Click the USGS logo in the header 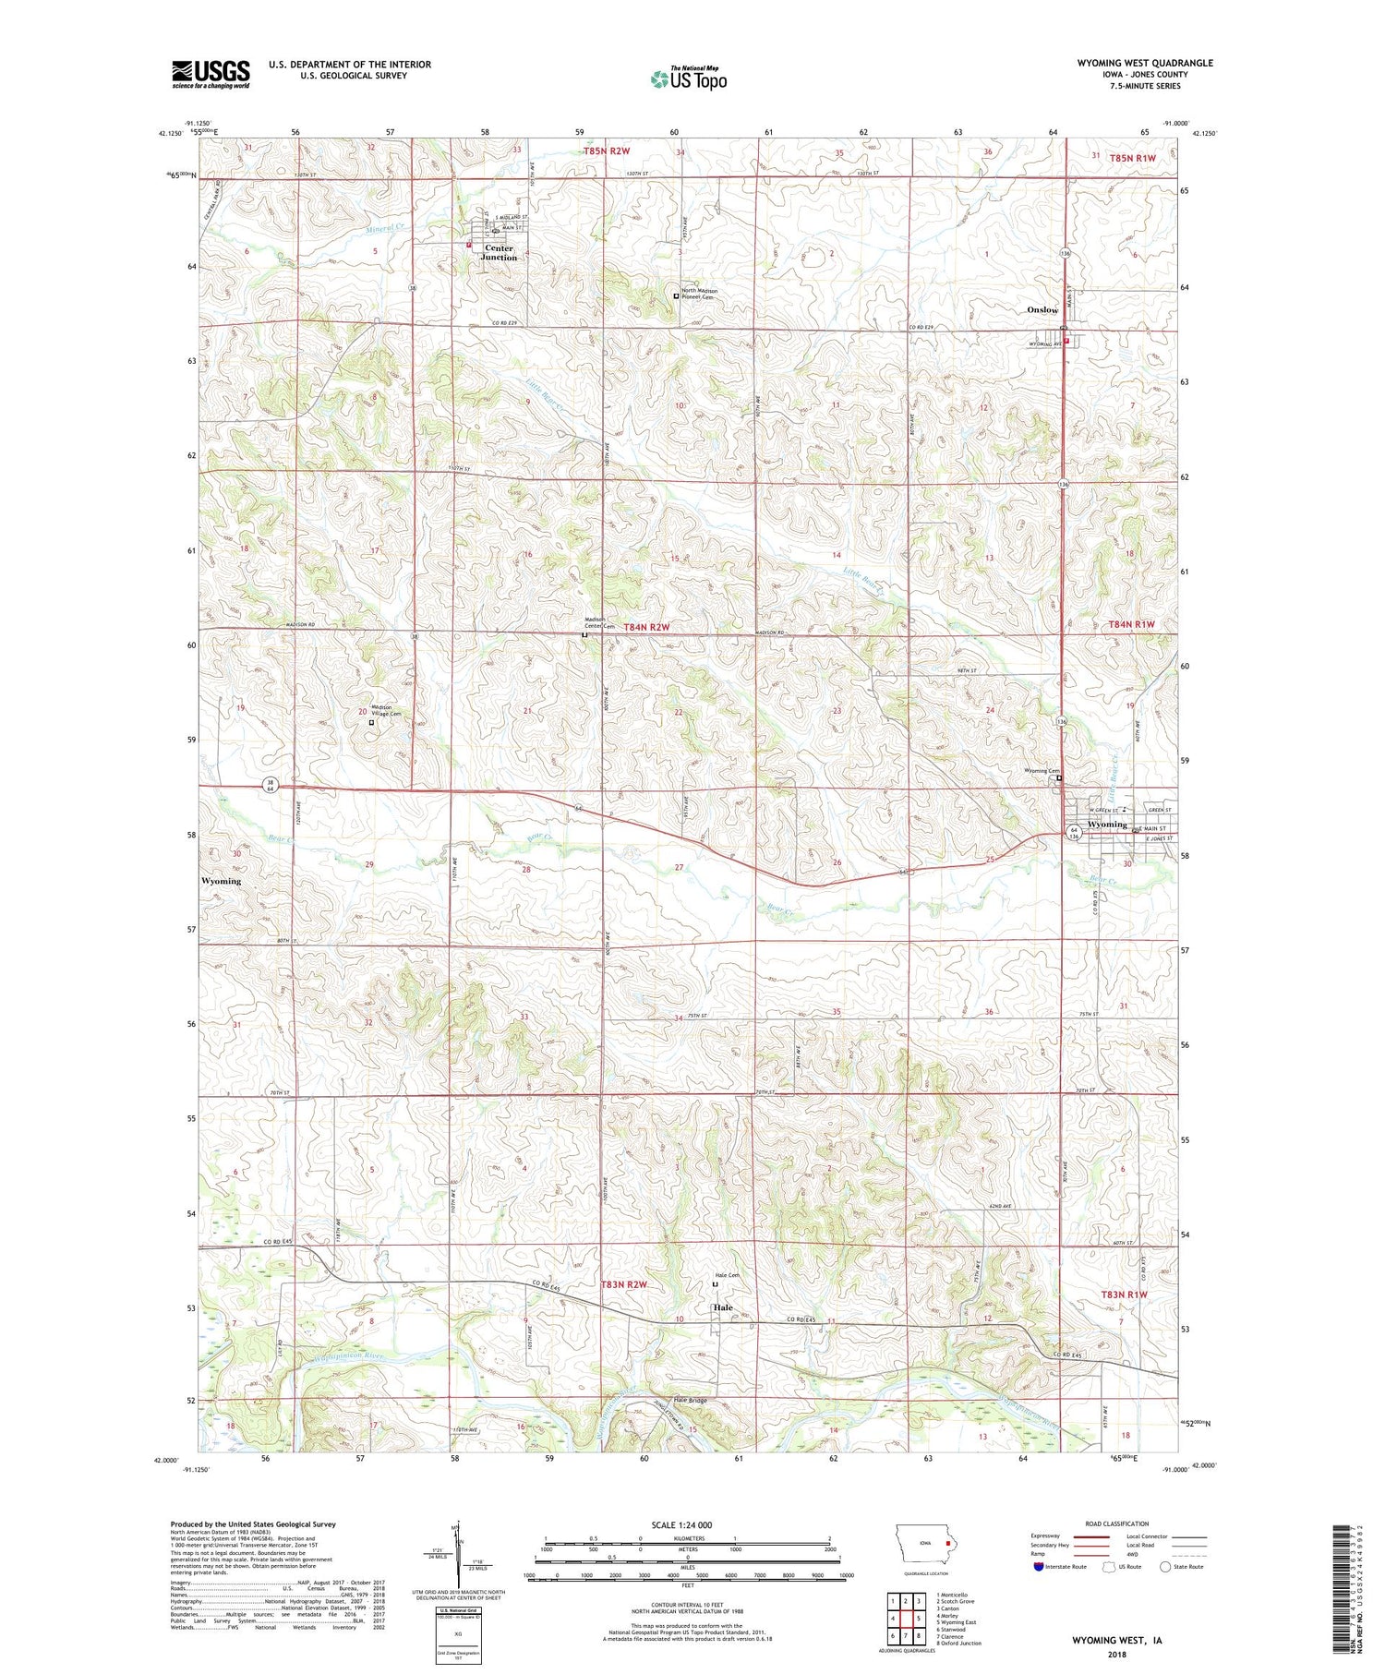tap(211, 74)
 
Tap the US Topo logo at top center tap(688, 79)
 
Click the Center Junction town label tap(500, 252)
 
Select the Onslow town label tap(1042, 310)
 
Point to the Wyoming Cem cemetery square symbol tap(1059, 778)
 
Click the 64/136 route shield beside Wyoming tap(1074, 834)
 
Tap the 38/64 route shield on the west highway tap(271, 785)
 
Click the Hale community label tap(722, 1308)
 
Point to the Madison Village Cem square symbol tap(371, 723)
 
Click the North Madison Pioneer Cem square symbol tap(676, 296)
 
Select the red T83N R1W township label tap(1124, 1295)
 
